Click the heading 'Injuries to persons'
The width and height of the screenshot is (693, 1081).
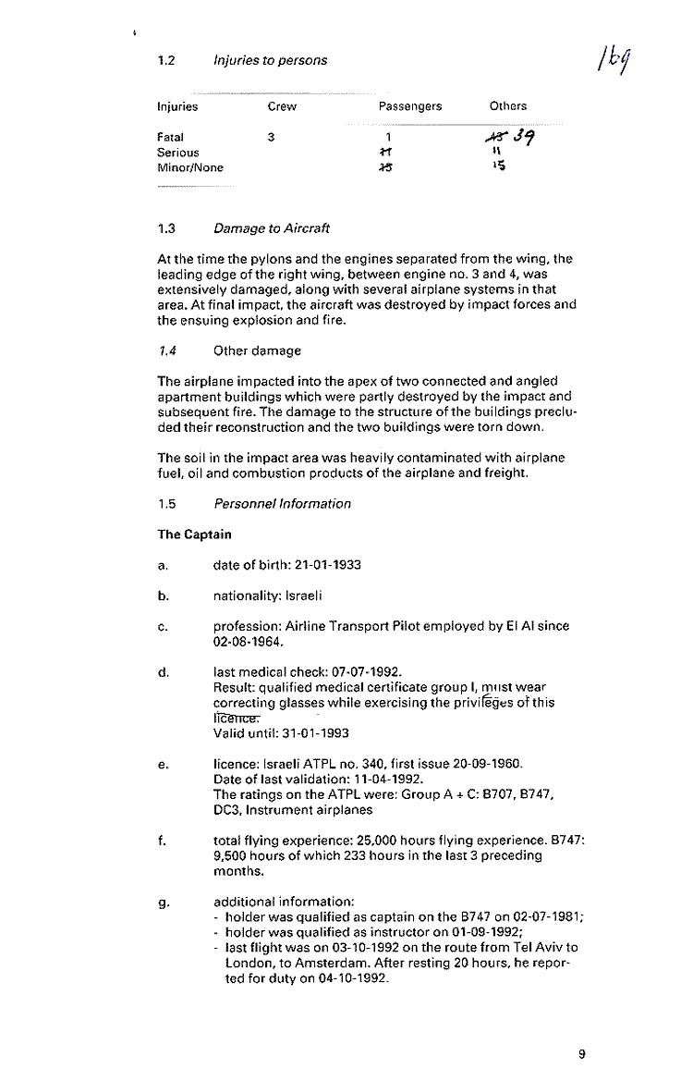tap(270, 60)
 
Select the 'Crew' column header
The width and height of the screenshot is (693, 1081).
tap(282, 106)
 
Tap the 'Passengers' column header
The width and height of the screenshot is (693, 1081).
tap(410, 106)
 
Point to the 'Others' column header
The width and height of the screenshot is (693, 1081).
tap(508, 106)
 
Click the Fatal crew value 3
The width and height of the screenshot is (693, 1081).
tap(270, 138)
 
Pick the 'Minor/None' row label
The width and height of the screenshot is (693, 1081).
tap(190, 167)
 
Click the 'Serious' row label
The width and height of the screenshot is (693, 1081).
tap(178, 153)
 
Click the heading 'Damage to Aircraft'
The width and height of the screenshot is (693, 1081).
tap(272, 228)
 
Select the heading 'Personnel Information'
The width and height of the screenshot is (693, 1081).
tap(282, 504)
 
